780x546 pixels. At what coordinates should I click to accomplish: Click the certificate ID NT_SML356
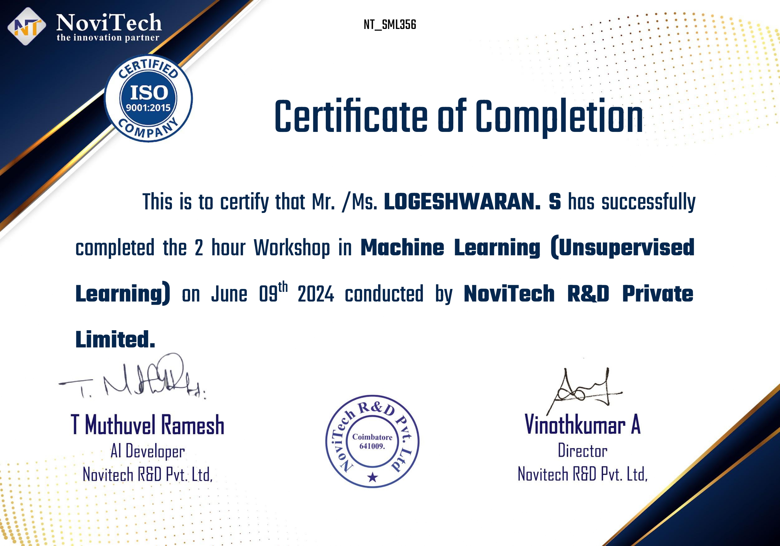[390, 25]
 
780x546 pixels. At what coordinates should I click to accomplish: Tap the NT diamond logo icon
[27, 26]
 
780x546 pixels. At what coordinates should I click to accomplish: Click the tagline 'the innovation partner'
[108, 37]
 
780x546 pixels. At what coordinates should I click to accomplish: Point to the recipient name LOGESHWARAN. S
[472, 201]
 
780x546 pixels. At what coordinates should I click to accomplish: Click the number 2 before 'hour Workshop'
[199, 247]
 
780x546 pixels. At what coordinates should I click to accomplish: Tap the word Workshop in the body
[292, 248]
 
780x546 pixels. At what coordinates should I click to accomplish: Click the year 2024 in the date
[316, 294]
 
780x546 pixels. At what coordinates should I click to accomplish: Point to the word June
[229, 294]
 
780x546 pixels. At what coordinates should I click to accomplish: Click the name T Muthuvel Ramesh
[147, 425]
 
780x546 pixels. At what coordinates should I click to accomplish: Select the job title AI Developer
[147, 452]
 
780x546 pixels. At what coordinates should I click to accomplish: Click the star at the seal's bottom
[373, 477]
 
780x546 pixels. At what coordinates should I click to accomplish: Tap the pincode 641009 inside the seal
[372, 446]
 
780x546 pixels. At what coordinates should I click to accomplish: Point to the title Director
[583, 451]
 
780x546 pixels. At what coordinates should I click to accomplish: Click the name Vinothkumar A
[583, 424]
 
